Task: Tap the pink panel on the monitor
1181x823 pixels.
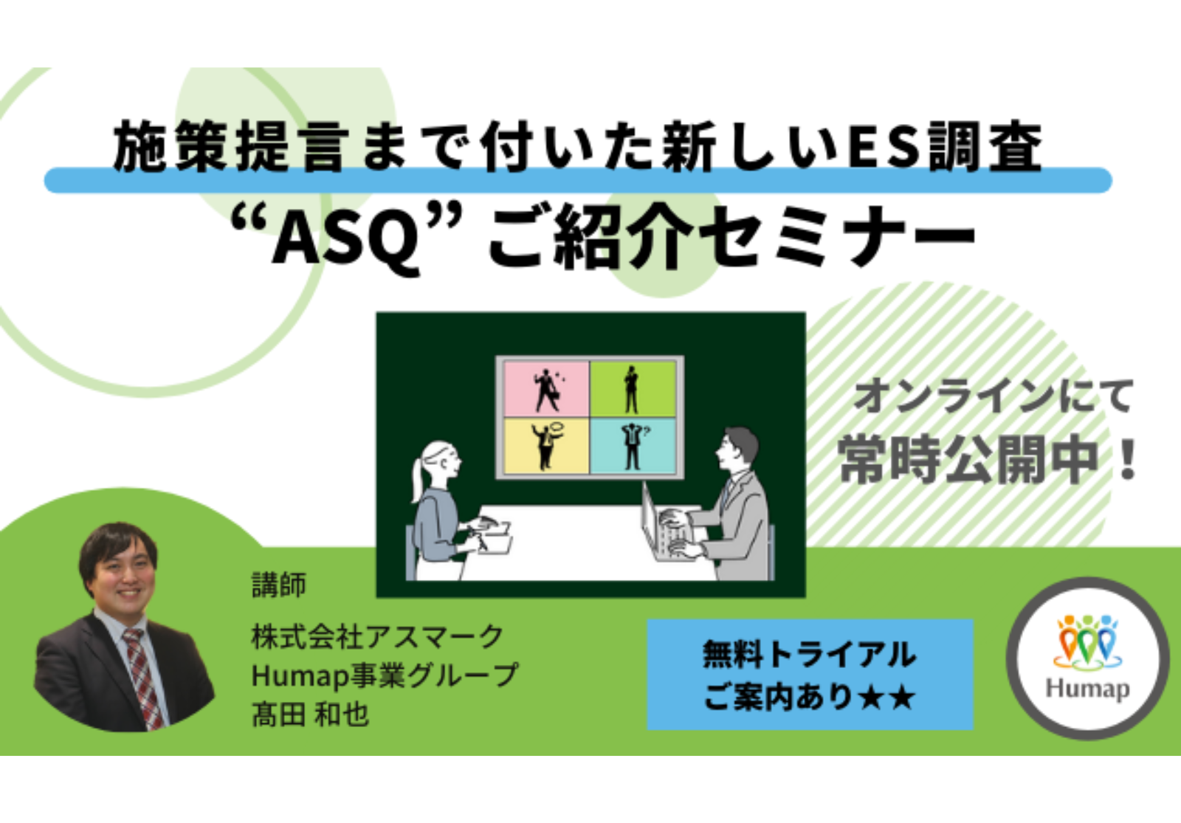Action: pos(547,389)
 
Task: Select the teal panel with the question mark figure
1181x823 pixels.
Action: pos(633,446)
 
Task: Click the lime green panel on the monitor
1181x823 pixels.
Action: pos(633,389)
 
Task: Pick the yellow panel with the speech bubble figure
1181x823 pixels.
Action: pos(547,446)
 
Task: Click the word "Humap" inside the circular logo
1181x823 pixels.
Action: pos(1088,689)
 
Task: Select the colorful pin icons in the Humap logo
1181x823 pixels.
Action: pos(1088,641)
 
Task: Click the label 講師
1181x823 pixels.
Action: pos(279,585)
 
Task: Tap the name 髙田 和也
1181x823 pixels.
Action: pos(310,715)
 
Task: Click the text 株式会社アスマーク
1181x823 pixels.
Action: pos(377,636)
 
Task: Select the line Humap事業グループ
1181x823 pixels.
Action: pos(385,675)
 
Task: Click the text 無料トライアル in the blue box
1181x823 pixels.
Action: pos(809,654)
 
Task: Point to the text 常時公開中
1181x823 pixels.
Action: pos(969,460)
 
